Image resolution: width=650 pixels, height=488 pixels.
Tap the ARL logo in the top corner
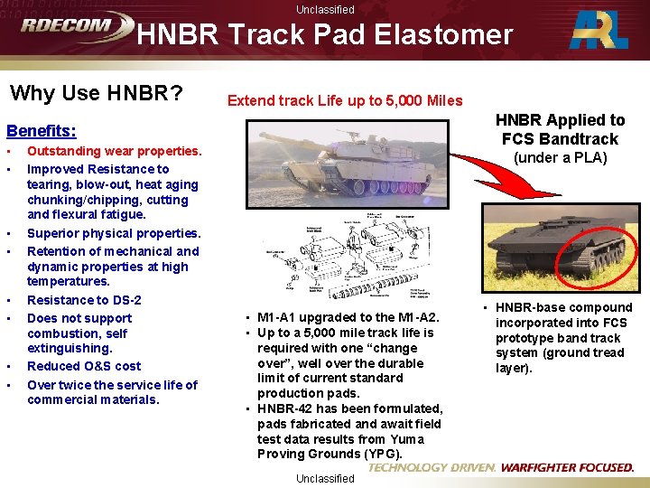pyautogui.click(x=599, y=31)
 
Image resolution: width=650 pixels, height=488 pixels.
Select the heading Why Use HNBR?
pyautogui.click(x=96, y=93)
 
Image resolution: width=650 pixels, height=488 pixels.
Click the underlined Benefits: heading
pyautogui.click(x=42, y=131)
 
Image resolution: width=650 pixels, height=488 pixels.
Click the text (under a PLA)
pyautogui.click(x=561, y=158)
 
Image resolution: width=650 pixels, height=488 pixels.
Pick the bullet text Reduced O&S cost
pyautogui.click(x=84, y=366)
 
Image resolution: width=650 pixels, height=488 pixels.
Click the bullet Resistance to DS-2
pyautogui.click(x=84, y=300)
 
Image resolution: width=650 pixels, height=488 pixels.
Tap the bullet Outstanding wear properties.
pyautogui.click(x=114, y=151)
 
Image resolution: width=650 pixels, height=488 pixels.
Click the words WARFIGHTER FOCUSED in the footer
pyautogui.click(x=567, y=468)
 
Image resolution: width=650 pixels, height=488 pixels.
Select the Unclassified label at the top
pyautogui.click(x=325, y=10)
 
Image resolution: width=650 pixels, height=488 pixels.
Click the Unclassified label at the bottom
pyautogui.click(x=325, y=479)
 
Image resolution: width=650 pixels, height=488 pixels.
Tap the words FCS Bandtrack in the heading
pyautogui.click(x=561, y=139)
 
